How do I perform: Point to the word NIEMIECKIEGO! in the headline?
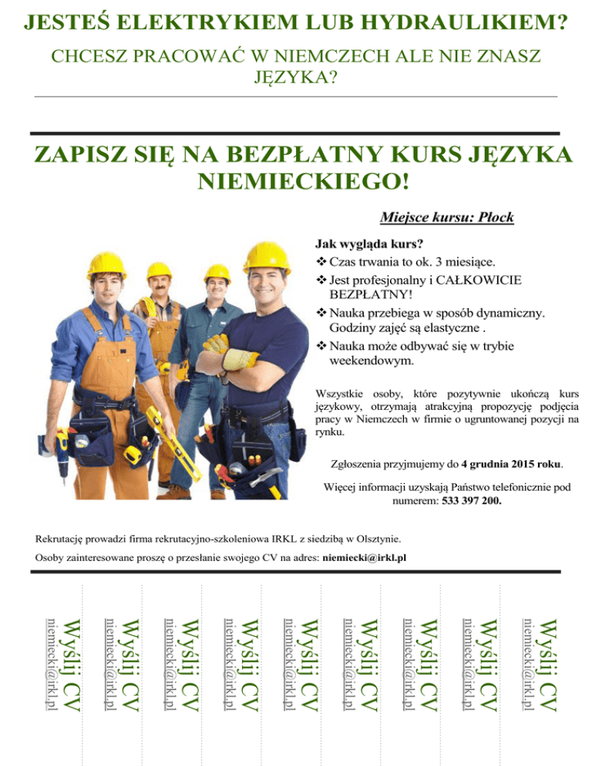point(304,182)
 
